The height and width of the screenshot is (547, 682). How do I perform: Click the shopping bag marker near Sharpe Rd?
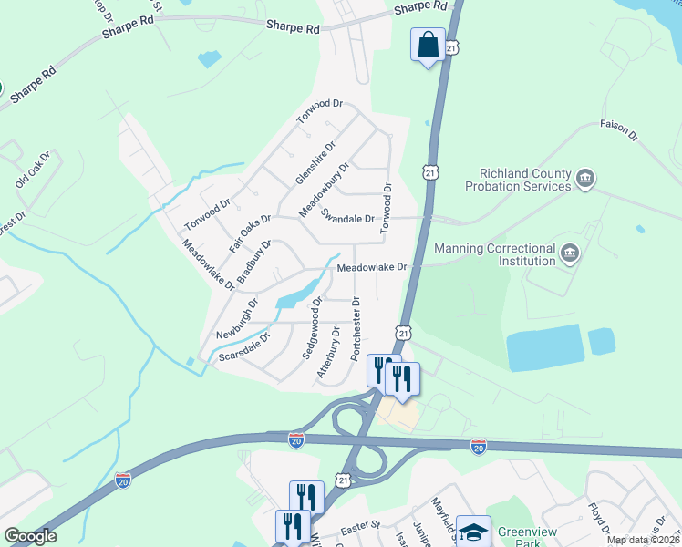click(x=428, y=46)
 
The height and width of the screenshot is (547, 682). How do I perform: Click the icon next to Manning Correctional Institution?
click(x=570, y=253)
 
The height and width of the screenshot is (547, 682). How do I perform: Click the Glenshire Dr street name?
click(x=315, y=162)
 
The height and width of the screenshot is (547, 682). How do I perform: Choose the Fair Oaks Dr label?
click(x=251, y=233)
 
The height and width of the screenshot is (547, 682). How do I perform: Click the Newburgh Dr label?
click(x=237, y=316)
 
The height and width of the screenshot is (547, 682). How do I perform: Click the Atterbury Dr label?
click(x=328, y=355)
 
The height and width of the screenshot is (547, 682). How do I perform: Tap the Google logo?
click(x=30, y=536)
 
